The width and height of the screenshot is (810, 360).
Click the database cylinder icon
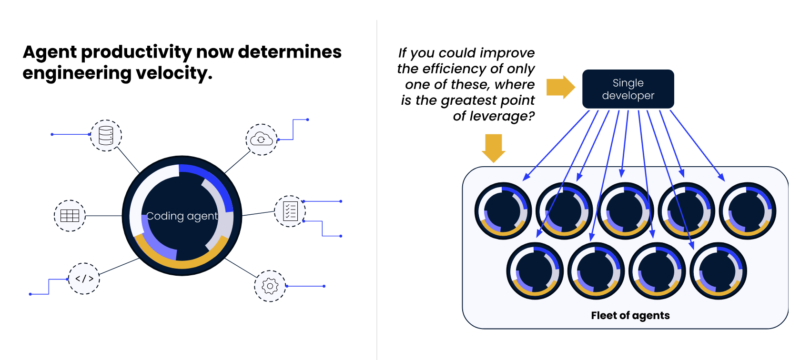tap(106, 135)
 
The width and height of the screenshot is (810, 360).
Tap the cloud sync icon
tap(261, 140)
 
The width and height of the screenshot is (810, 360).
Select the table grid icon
tap(70, 216)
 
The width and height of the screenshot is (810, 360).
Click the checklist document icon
tap(290, 211)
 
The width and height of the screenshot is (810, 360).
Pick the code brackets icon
tap(84, 279)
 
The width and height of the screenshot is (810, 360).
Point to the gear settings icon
tap(270, 286)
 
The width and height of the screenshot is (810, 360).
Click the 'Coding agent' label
tap(182, 216)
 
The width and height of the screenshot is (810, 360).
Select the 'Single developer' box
tap(628, 89)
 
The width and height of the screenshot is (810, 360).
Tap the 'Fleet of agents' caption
tap(630, 315)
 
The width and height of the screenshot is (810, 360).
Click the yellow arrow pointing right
tap(561, 87)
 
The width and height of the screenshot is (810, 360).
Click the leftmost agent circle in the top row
tap(503, 211)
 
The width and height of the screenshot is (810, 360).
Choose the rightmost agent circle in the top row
tap(748, 211)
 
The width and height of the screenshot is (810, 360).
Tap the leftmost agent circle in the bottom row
tap(535, 271)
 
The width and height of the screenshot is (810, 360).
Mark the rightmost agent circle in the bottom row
tap(718, 271)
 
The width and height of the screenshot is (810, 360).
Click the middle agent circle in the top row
tap(626, 211)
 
